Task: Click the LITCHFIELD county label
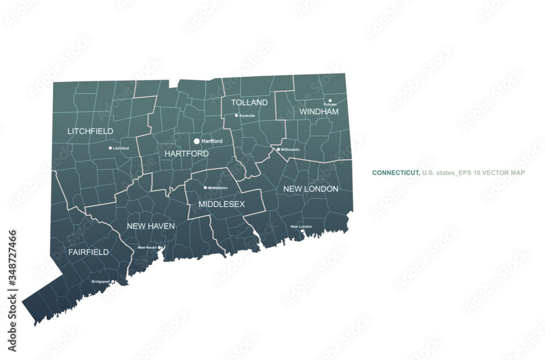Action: (x=90, y=131)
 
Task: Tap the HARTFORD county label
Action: (x=186, y=154)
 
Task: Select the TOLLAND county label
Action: (x=249, y=102)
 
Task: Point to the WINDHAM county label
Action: (x=319, y=112)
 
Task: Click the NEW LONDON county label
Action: (x=311, y=189)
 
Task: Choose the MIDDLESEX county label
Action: (x=221, y=204)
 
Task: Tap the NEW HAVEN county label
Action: (x=150, y=225)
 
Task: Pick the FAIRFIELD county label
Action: (x=88, y=252)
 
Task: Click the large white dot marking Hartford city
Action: (x=197, y=141)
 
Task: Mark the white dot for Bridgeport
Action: (x=113, y=282)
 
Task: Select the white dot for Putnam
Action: (x=330, y=100)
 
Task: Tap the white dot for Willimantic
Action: (x=278, y=149)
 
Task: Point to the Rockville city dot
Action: (x=237, y=115)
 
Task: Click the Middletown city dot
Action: (x=205, y=188)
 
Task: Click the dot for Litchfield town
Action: (x=110, y=148)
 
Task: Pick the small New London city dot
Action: (x=302, y=231)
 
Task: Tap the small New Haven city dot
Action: (x=159, y=247)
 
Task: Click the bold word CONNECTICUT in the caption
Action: (x=396, y=173)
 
